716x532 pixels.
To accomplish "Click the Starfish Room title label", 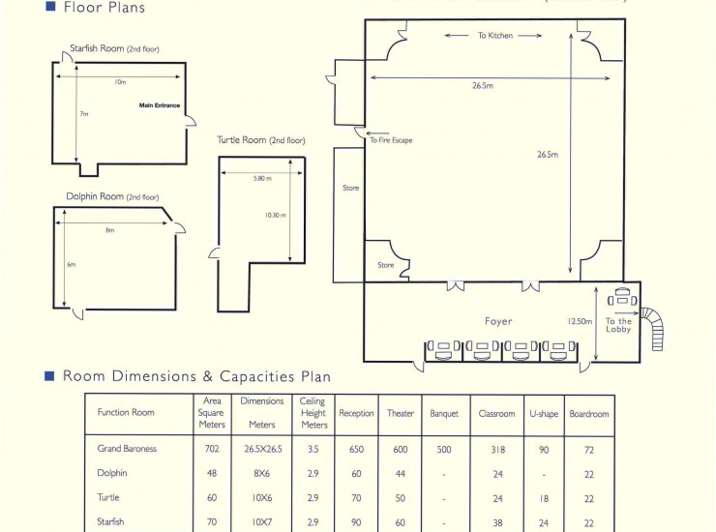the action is [x=114, y=48].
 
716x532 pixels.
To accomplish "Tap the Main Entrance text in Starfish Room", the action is [x=160, y=105].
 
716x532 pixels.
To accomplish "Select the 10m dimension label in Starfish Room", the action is [x=120, y=82].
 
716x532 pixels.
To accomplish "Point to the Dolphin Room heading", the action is [x=113, y=196].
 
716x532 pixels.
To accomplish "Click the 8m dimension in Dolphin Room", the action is [x=110, y=230].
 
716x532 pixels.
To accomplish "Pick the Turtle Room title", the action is [x=261, y=139].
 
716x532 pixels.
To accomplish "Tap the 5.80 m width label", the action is [x=262, y=178].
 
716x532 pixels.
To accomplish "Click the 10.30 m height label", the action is [x=276, y=215].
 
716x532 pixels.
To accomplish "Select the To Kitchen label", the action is [x=495, y=35].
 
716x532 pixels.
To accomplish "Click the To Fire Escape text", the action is [x=391, y=140].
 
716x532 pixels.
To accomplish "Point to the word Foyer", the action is [x=498, y=321].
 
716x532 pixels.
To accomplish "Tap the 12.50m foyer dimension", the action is [x=580, y=321].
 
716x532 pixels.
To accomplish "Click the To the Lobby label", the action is [x=618, y=325].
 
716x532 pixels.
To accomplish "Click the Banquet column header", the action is [x=444, y=414].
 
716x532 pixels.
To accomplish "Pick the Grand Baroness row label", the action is [x=127, y=449].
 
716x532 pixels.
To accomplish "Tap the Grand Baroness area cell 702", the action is [x=212, y=449].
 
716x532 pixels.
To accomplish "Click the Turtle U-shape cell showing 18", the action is [x=544, y=499].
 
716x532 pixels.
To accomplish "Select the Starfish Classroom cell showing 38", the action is [x=497, y=523].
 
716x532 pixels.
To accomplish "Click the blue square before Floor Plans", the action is [x=50, y=6].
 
